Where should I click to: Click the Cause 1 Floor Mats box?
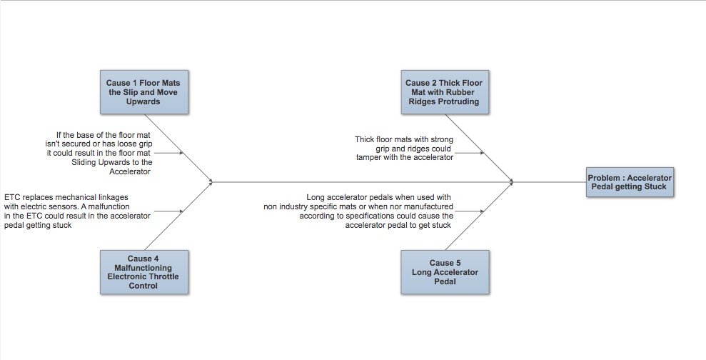tap(144, 92)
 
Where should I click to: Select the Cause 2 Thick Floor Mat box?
tap(445, 92)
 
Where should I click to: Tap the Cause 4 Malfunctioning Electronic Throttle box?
tap(144, 272)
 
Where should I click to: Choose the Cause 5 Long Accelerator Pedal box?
tap(445, 272)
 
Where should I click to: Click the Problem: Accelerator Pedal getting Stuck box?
tap(630, 182)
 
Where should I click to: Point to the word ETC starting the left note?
tap(12, 197)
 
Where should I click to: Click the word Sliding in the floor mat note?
tap(84, 162)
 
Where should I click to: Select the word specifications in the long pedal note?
tap(383, 216)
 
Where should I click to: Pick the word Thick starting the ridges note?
tap(364, 139)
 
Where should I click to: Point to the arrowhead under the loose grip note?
tap(181, 153)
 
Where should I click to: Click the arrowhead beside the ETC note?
tap(181, 211)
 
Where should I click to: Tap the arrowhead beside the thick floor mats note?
tap(483, 153)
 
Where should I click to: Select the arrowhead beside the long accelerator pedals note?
tap(483, 211)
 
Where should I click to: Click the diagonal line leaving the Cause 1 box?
tap(178, 148)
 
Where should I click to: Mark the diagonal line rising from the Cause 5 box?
tap(479, 216)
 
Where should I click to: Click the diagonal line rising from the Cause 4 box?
tap(178, 216)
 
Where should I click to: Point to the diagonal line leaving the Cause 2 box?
tap(479, 148)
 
